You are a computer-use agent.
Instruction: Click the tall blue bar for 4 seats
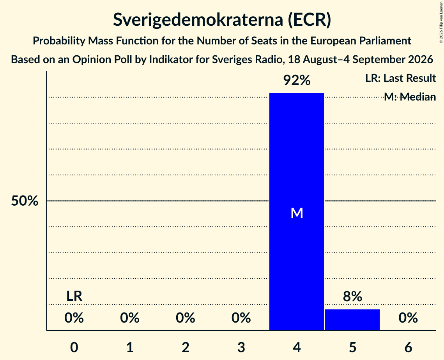tap(297, 212)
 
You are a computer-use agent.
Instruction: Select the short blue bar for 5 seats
tap(352, 319)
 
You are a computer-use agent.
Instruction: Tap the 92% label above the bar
tap(297, 80)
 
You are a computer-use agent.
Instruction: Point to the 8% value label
tap(352, 296)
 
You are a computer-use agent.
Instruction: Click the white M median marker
tap(297, 213)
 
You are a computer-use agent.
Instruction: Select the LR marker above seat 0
tap(74, 296)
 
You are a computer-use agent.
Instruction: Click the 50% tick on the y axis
tap(25, 201)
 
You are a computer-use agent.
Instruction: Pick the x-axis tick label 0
tap(74, 347)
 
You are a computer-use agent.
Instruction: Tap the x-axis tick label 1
tap(130, 347)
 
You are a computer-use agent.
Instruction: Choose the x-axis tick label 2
tap(186, 347)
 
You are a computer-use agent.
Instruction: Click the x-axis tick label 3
tap(241, 347)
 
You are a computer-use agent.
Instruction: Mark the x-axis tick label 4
tap(297, 347)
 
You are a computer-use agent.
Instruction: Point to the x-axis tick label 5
tap(352, 347)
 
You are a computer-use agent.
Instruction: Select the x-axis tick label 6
tap(408, 347)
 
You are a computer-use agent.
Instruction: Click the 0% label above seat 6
tap(408, 318)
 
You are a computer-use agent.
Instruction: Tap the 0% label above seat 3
tap(241, 318)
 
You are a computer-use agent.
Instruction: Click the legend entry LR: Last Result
tap(400, 78)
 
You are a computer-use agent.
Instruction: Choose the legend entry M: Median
tap(410, 97)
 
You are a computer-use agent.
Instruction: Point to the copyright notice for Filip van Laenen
tap(441, 23)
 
